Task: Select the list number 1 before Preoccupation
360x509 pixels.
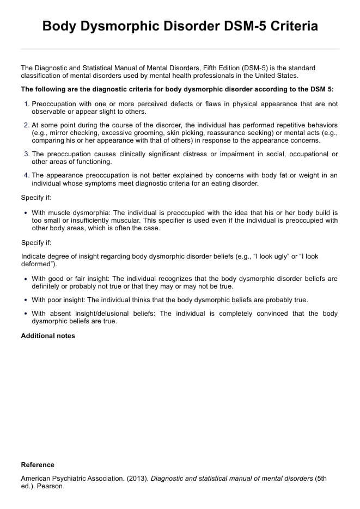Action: click(x=27, y=104)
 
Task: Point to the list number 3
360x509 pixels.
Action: click(x=27, y=154)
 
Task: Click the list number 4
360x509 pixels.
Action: click(x=27, y=175)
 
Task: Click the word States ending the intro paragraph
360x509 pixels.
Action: click(x=286, y=76)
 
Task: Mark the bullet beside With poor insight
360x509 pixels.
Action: click(x=26, y=300)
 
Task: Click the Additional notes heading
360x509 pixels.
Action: click(x=48, y=336)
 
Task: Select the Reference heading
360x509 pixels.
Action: click(x=38, y=465)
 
